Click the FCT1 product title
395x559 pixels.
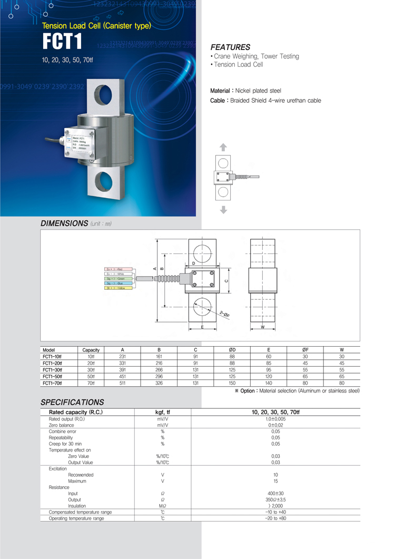point(64,43)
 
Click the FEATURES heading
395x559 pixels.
point(230,47)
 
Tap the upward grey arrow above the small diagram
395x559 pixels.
point(223,148)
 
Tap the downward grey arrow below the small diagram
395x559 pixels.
point(223,210)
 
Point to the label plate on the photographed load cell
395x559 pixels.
point(79,143)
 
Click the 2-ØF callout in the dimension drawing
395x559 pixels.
point(225,314)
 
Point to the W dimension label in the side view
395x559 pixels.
point(262,327)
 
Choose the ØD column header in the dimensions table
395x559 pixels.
point(232,350)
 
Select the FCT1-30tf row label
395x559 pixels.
point(52,370)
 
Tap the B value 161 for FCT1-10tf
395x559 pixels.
point(159,357)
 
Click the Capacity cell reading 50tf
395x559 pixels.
point(91,377)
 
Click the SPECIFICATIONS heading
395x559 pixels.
point(72,402)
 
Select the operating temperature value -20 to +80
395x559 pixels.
point(275,518)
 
